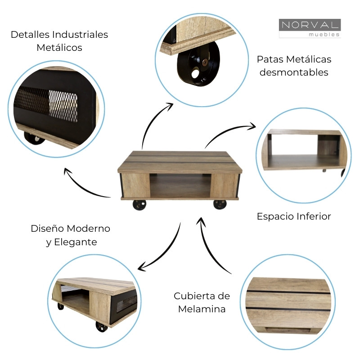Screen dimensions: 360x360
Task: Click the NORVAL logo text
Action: (309, 25)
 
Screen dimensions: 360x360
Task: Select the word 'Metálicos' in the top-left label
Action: (59, 48)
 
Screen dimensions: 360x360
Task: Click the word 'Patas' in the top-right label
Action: (270, 59)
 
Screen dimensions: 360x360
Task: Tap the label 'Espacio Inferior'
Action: (293, 216)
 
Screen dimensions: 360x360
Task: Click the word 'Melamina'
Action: (202, 309)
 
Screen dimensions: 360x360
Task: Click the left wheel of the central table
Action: (139, 205)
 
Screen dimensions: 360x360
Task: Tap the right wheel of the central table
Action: (220, 204)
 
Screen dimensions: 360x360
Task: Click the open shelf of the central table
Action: (180, 186)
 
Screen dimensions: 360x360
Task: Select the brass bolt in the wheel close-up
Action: (205, 63)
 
